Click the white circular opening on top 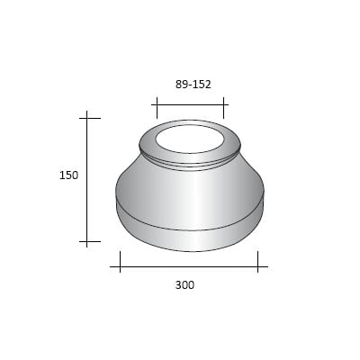coord(189,139)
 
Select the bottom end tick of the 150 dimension coord(88,242)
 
